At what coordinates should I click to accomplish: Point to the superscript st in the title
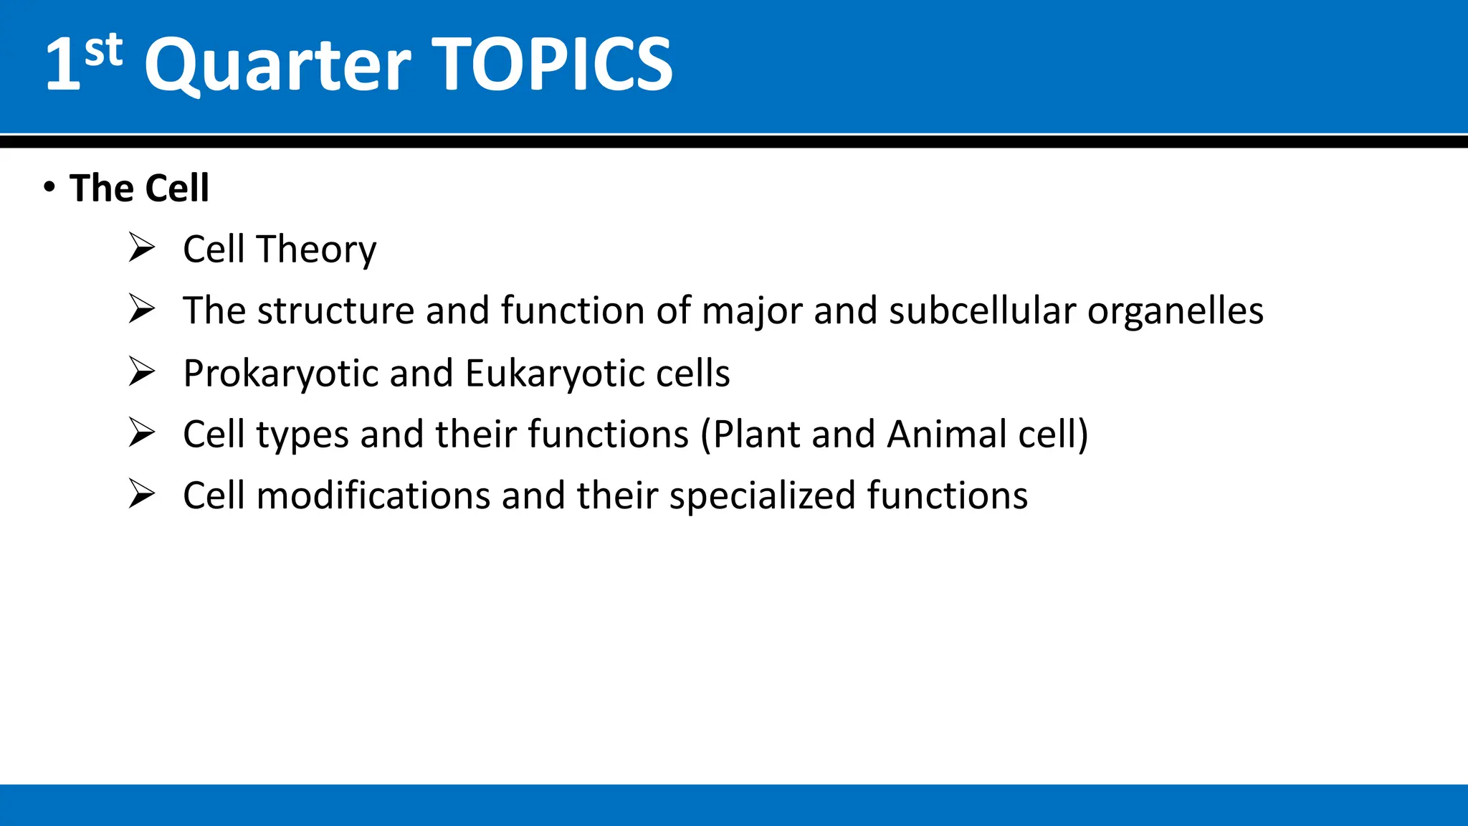103,50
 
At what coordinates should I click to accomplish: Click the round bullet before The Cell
49,187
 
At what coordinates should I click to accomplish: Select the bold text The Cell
139,189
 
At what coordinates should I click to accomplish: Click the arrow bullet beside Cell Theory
142,247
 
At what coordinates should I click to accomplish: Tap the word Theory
317,250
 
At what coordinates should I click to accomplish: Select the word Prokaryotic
280,374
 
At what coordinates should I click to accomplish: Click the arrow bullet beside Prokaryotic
142,371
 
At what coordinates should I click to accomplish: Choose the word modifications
373,495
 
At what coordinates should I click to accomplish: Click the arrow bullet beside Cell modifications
142,494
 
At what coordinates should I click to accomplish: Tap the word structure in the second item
335,311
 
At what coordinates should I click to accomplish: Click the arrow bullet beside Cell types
142,432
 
